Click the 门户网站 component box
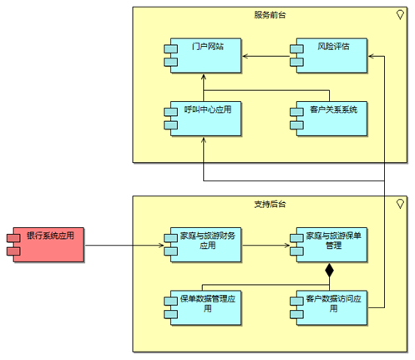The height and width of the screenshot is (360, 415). click(x=205, y=56)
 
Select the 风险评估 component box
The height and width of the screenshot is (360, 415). click(x=331, y=56)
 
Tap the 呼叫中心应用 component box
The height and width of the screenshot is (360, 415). click(x=205, y=119)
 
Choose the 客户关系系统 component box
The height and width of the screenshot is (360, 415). click(x=331, y=119)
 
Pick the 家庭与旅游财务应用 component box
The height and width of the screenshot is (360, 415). click(x=205, y=245)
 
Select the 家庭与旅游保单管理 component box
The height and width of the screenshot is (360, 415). click(x=331, y=245)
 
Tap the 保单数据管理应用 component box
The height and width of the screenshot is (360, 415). click(x=205, y=308)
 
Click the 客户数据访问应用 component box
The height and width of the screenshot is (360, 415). click(x=331, y=308)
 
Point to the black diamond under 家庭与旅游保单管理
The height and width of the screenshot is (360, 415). click(x=329, y=270)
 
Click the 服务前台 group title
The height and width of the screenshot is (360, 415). click(x=270, y=15)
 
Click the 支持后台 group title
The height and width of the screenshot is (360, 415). click(x=270, y=204)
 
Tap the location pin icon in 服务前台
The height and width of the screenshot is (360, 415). click(x=400, y=15)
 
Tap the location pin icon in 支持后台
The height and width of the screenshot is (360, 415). click(x=400, y=204)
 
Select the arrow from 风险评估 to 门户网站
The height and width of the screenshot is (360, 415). click(x=266, y=56)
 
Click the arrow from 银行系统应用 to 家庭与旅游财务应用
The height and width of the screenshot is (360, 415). click(x=124, y=246)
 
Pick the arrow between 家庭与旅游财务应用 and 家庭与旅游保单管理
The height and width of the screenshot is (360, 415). click(x=266, y=246)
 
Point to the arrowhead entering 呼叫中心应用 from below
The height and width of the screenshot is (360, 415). click(x=204, y=139)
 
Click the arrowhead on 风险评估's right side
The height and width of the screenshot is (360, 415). click(x=371, y=56)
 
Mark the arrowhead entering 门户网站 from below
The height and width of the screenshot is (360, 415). click(x=204, y=77)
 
